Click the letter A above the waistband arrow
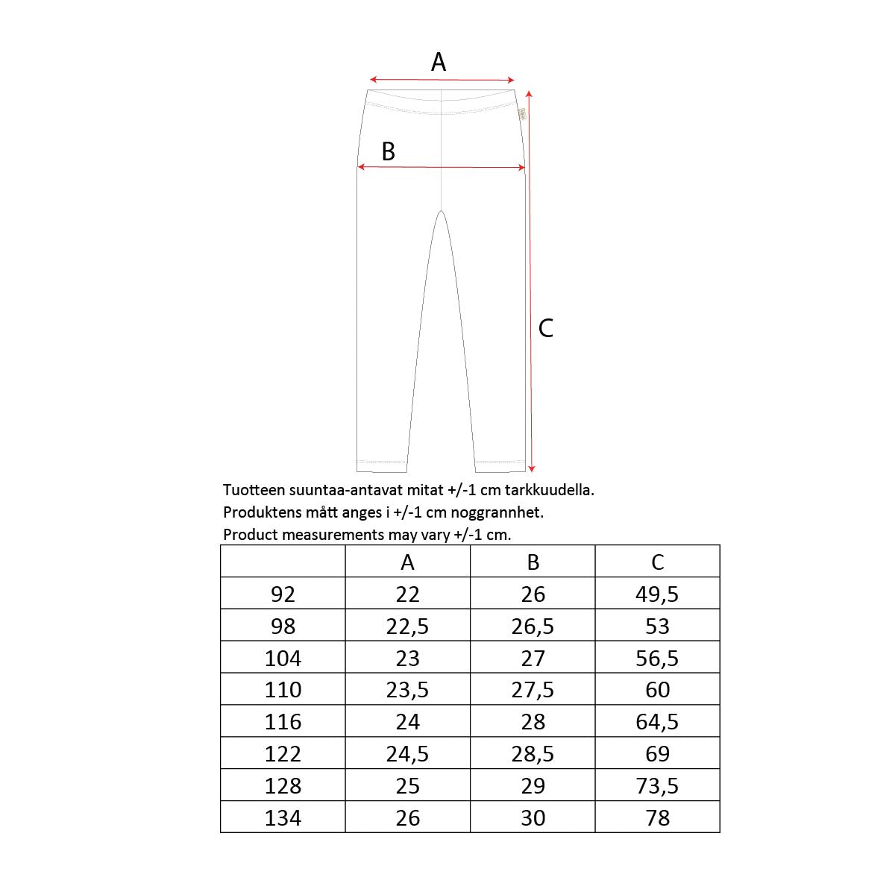coord(439,62)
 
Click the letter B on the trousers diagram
coord(388,151)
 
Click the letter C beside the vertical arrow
coord(546,328)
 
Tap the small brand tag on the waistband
coord(522,115)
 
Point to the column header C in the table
coord(657,562)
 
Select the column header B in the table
coord(533,562)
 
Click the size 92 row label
coord(283,594)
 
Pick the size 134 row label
coord(283,818)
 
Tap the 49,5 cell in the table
coord(657,594)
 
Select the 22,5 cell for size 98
coord(408,626)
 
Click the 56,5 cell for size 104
coord(657,659)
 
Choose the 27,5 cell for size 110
coord(533,690)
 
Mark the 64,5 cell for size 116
coord(657,722)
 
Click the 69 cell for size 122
coord(657,754)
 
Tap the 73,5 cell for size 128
coord(657,786)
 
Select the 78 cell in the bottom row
coord(657,818)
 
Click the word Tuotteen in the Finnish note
coord(251,491)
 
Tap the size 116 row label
coord(283,722)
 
